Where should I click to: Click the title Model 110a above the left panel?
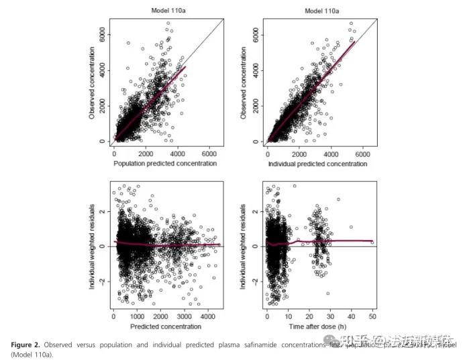coord(165,11)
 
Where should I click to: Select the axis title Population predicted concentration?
coord(165,164)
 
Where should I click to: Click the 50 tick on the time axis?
coord(372,316)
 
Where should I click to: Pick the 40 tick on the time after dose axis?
coord(351,316)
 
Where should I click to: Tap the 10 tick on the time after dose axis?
coord(289,316)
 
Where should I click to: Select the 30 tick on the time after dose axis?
coord(330,316)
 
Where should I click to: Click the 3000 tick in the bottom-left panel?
coord(184,316)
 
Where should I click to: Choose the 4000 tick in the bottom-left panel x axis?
coord(207,316)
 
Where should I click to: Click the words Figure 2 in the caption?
coord(25,345)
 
